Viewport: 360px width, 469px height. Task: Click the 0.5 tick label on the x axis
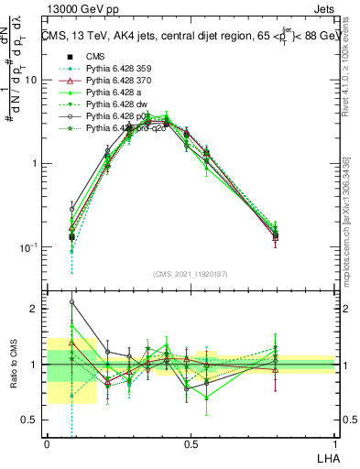click(191, 444)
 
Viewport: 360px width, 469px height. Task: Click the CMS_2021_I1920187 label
click(190, 273)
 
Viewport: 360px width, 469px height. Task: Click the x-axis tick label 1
click(334, 444)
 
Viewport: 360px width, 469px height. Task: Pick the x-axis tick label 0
click(47, 444)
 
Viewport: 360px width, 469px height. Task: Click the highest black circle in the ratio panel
click(72, 301)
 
